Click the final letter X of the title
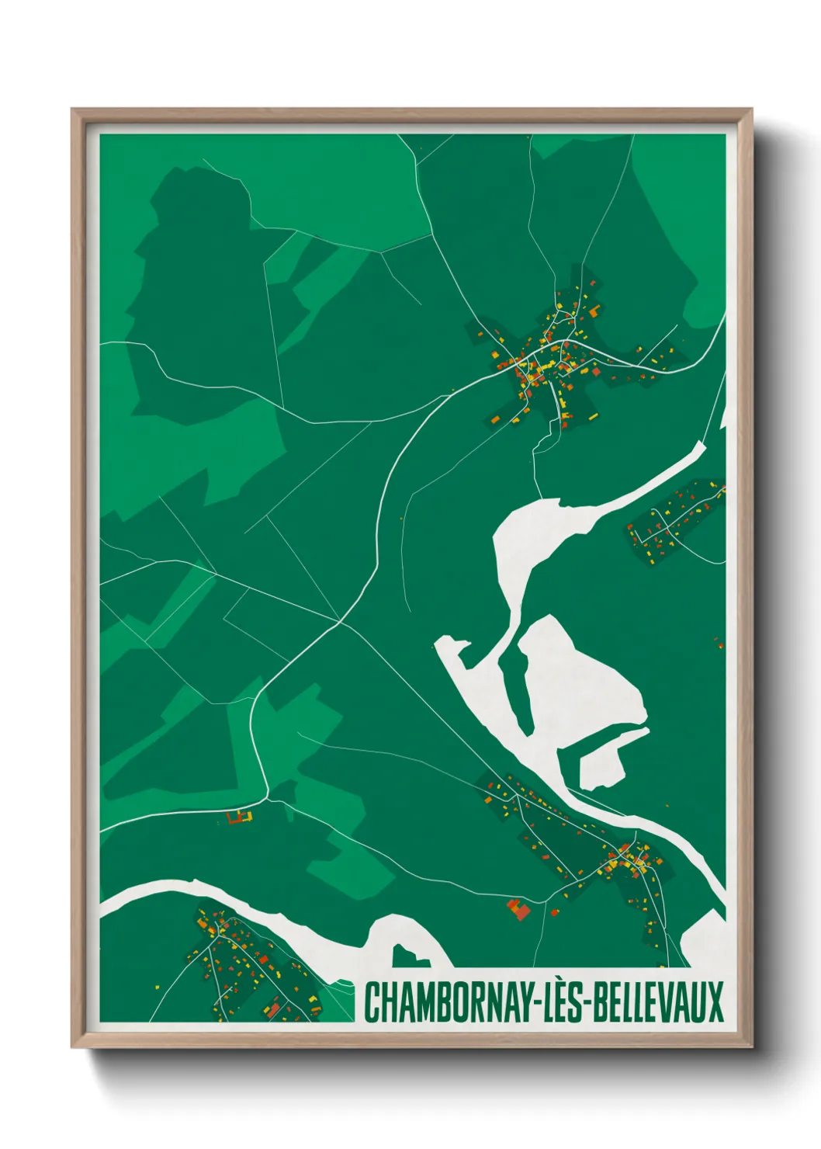tap(715, 1002)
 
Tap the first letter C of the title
tap(372, 1002)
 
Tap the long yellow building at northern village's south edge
tap(593, 417)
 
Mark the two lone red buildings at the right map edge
tap(719, 643)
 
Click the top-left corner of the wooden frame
tap(73, 110)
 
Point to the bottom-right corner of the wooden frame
tap(751, 1046)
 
